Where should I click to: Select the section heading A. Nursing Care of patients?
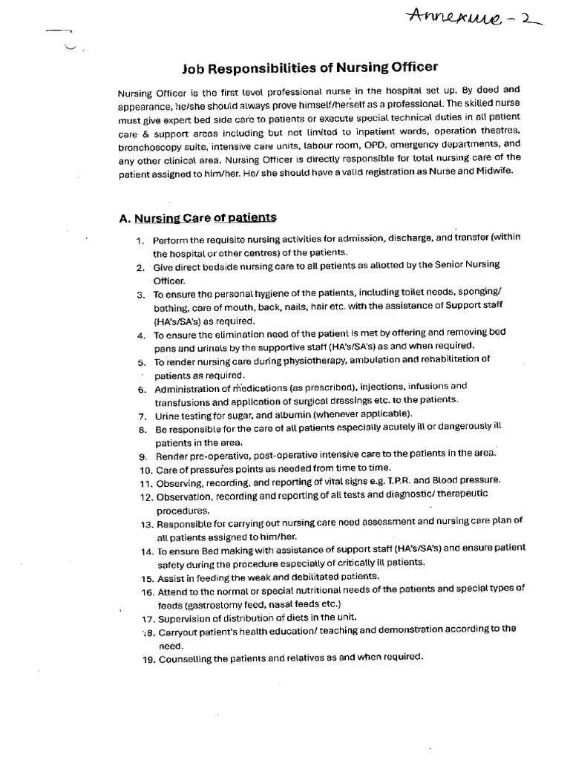[197, 217]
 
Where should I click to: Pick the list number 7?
[141, 414]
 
